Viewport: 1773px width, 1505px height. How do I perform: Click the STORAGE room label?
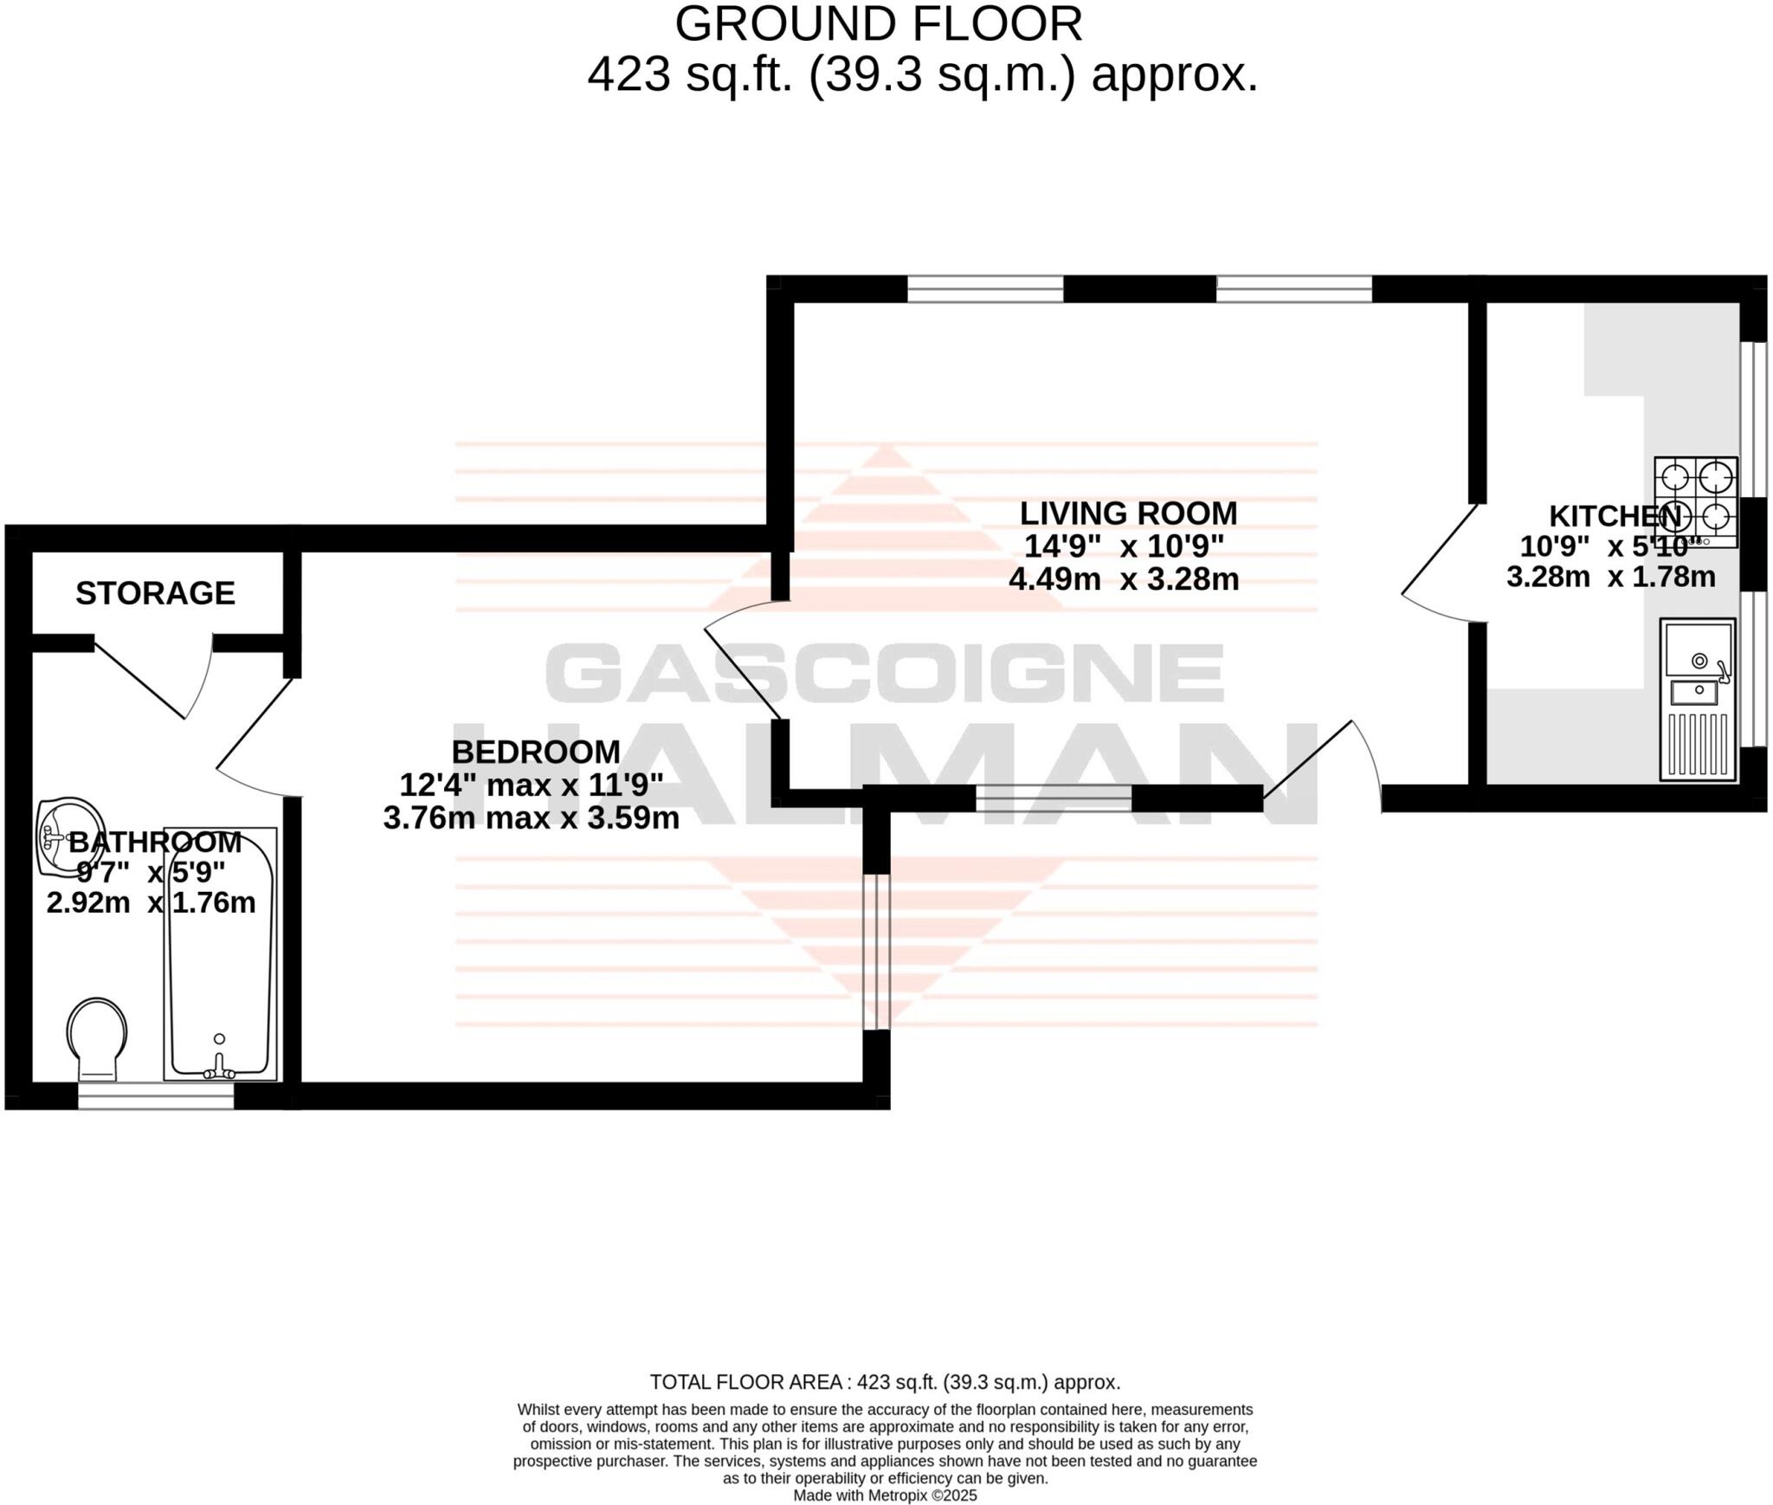pyautogui.click(x=155, y=593)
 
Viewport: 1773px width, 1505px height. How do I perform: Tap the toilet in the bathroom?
pyautogui.click(x=97, y=1038)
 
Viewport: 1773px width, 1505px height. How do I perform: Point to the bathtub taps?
pyautogui.click(x=219, y=1069)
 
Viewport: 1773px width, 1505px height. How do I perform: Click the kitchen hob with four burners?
pyautogui.click(x=1695, y=501)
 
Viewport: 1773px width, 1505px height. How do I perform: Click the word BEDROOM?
pyautogui.click(x=536, y=752)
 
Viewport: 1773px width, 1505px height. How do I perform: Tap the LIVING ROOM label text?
pyautogui.click(x=1128, y=514)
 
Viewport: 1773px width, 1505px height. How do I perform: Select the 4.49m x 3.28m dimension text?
pyautogui.click(x=1124, y=578)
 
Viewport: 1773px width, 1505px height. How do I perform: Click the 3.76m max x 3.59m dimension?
pyautogui.click(x=531, y=817)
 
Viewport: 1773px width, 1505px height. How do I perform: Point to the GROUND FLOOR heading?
pyautogui.click(x=878, y=24)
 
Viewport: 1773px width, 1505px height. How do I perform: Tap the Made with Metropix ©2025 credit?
pyautogui.click(x=885, y=1495)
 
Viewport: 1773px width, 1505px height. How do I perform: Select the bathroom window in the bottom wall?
pyautogui.click(x=156, y=1095)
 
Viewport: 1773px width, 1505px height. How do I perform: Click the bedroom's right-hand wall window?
pyautogui.click(x=876, y=952)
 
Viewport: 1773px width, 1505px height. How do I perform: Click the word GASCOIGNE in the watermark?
pyautogui.click(x=884, y=674)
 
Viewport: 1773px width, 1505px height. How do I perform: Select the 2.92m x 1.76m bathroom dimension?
pyautogui.click(x=151, y=903)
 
